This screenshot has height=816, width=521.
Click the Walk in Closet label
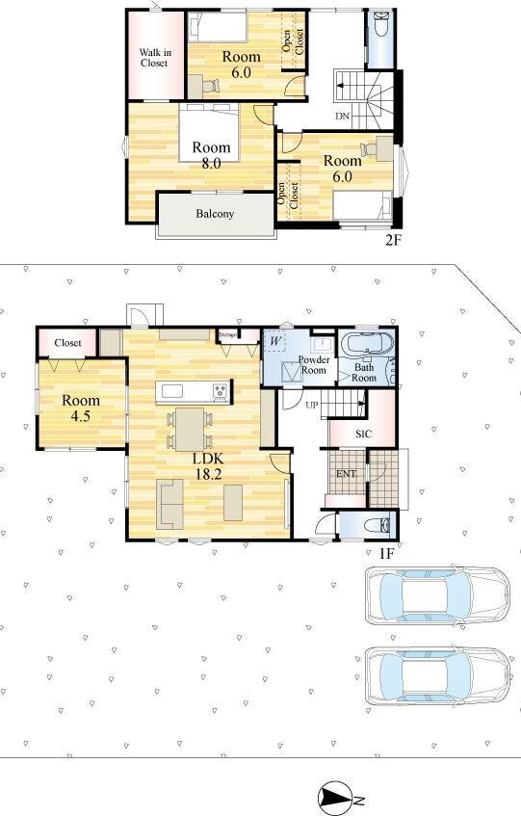[154, 58]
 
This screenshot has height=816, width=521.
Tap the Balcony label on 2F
[215, 214]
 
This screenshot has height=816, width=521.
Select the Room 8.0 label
[211, 155]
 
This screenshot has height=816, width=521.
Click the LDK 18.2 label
[209, 466]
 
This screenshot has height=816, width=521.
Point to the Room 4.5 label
[81, 408]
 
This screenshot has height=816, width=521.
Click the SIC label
[363, 434]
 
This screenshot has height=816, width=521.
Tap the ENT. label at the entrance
[347, 474]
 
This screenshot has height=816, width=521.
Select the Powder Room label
[314, 365]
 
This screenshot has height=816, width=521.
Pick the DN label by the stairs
[342, 116]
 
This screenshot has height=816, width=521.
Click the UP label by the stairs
[312, 405]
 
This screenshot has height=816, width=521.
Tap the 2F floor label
[393, 240]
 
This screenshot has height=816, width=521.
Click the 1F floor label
[386, 553]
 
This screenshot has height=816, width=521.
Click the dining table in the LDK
[190, 430]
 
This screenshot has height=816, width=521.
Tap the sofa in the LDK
[170, 504]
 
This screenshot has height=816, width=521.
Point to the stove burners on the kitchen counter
[220, 391]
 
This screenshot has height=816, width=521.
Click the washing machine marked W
[276, 342]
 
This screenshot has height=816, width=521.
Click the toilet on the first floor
[377, 525]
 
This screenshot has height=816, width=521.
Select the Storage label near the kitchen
[227, 334]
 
